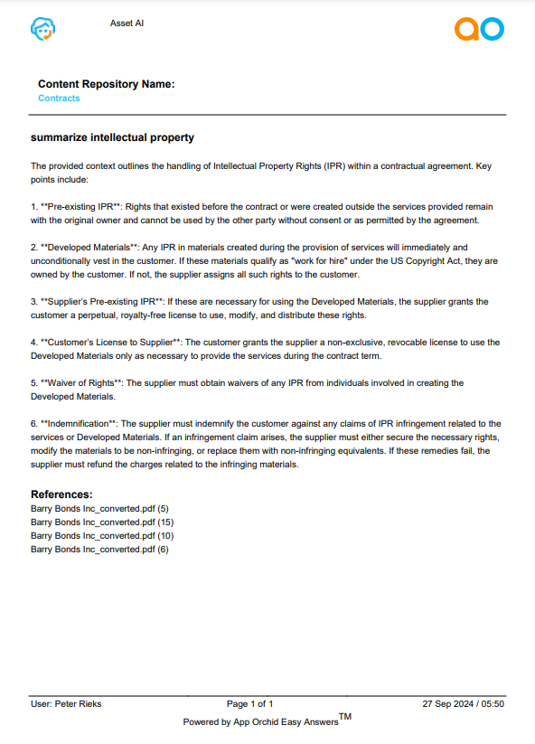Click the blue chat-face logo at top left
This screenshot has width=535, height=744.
click(42, 30)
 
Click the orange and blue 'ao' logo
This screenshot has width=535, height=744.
click(478, 30)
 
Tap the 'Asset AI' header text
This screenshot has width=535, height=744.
click(127, 24)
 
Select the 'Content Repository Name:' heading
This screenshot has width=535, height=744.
click(106, 84)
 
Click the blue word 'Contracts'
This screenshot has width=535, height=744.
click(59, 98)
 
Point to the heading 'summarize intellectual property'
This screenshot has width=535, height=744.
click(112, 138)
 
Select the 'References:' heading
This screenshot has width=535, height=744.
click(61, 494)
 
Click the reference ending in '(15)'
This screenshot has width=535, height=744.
click(101, 522)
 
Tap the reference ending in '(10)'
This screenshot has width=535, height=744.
click(101, 535)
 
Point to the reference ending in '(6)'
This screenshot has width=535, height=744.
click(99, 549)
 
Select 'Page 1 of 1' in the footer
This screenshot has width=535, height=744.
click(249, 703)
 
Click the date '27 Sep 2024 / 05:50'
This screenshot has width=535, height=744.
click(463, 703)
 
